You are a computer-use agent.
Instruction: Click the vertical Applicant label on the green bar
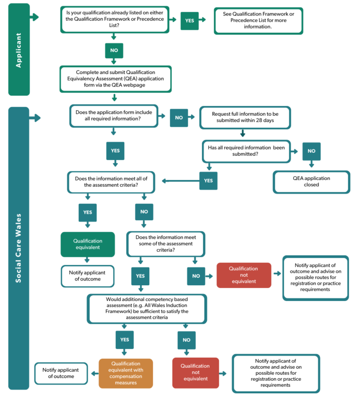pos(19,49)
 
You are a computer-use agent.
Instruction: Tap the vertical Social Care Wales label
pos(19,248)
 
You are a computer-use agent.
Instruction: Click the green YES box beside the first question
pos(190,21)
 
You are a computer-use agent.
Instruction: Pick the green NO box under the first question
pos(114,50)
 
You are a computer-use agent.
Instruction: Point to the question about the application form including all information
pos(114,116)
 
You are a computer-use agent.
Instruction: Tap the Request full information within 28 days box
pos(245,117)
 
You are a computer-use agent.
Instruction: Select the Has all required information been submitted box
pos(246,151)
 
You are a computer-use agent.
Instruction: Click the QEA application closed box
pos(311,181)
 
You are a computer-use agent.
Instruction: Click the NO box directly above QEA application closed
pos(311,151)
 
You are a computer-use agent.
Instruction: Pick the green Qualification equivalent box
pos(87,244)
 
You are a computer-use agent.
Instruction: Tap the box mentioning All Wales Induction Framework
pos(147,308)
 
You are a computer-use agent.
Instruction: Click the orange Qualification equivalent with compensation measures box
pos(126,373)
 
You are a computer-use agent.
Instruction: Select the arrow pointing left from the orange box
pos(93,373)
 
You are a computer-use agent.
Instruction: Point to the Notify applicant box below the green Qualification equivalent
pos(87,276)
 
